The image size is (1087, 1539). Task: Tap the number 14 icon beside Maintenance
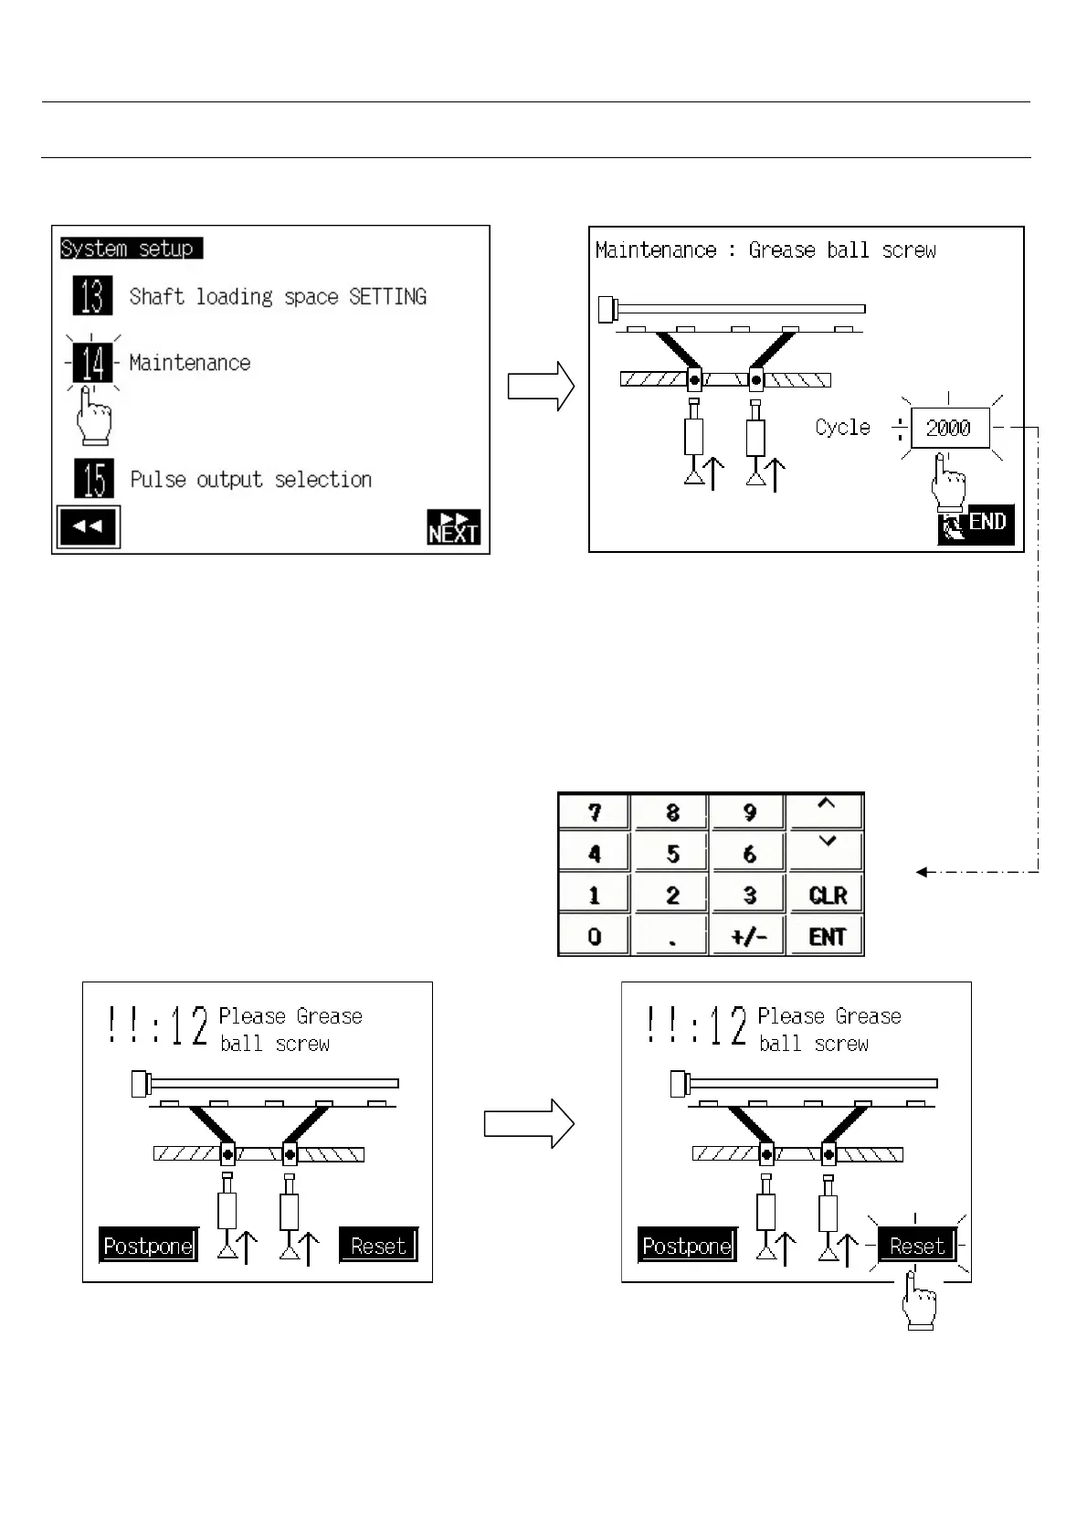(x=92, y=363)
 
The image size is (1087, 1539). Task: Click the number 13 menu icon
(x=92, y=296)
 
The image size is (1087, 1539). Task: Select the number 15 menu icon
(x=94, y=479)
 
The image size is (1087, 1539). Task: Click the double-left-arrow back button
(x=88, y=527)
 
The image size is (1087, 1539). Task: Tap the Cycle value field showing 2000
(x=949, y=428)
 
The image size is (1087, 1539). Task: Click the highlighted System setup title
(x=128, y=249)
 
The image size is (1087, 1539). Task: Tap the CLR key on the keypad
(x=827, y=895)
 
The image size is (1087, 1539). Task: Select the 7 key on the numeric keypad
(x=595, y=812)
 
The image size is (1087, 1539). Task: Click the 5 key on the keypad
(x=672, y=854)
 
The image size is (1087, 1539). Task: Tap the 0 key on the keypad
(x=595, y=937)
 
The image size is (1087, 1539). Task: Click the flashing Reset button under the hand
(x=916, y=1246)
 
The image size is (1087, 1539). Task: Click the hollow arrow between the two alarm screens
(x=528, y=1123)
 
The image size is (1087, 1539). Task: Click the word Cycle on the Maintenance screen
(x=842, y=428)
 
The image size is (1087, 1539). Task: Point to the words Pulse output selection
(x=251, y=480)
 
